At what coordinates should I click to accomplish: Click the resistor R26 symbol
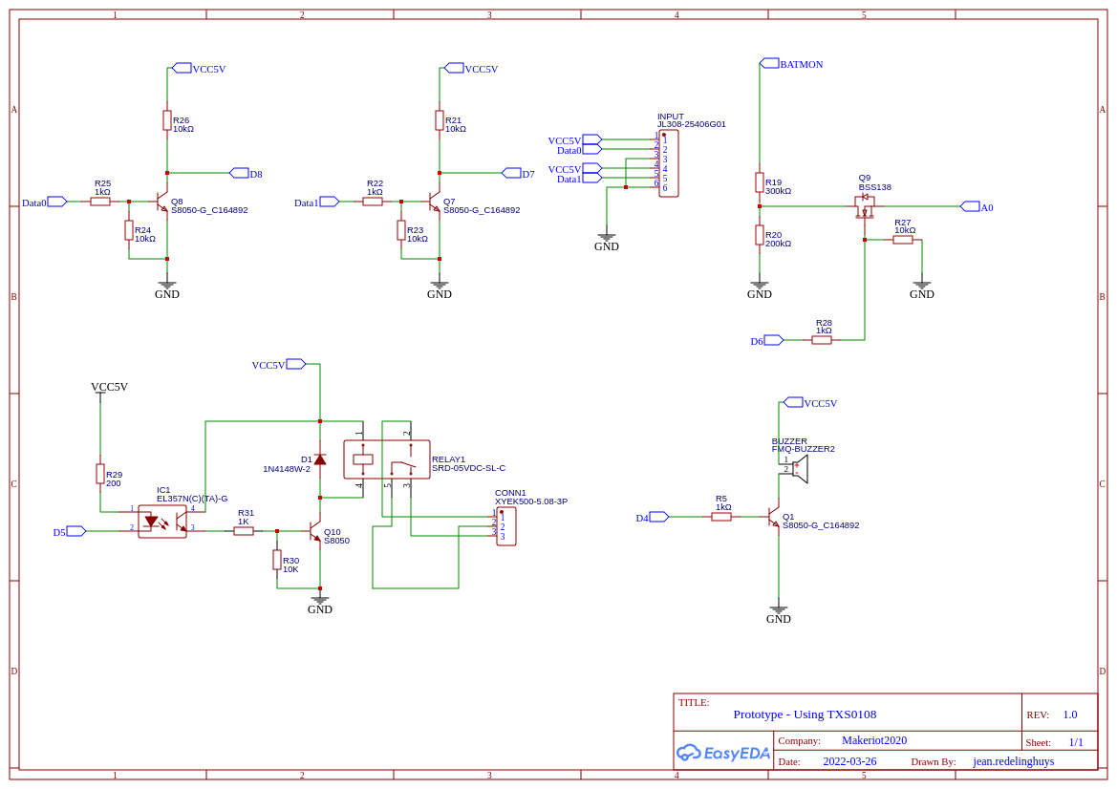(167, 120)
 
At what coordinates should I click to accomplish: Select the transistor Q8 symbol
(161, 202)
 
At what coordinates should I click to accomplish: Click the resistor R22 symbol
(373, 202)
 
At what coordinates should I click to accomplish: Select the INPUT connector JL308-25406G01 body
(669, 163)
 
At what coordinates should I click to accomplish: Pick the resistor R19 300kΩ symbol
(760, 182)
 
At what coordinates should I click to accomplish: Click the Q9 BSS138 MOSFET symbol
(865, 207)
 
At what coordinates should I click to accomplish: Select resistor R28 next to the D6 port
(822, 340)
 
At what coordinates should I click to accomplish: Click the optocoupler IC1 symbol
(162, 522)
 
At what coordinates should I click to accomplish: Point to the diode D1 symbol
(320, 459)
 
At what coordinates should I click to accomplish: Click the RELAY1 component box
(387, 459)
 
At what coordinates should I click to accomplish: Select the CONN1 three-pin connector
(506, 526)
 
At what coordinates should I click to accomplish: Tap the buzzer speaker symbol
(800, 469)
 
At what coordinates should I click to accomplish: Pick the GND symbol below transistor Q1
(779, 609)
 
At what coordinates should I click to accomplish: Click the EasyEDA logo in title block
(723, 753)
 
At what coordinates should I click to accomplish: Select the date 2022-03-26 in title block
(849, 761)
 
